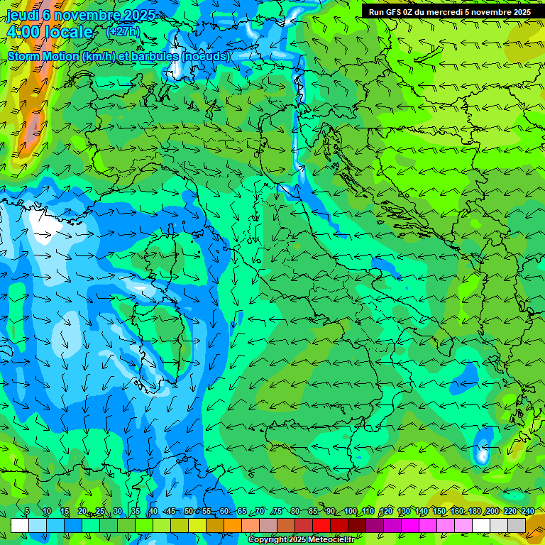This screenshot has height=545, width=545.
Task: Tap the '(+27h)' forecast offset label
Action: tap(123, 32)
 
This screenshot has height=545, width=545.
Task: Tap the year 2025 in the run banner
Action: tap(517, 12)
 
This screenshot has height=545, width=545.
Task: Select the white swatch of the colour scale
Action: tap(20, 525)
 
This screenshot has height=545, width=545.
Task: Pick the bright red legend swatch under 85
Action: tap(321, 525)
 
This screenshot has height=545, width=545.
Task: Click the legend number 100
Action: tap(351, 512)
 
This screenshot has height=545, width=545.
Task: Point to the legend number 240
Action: tap(527, 512)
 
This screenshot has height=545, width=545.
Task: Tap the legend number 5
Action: tap(27, 512)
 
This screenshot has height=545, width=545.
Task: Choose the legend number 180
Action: tap(474, 512)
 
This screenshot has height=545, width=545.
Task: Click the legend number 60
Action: tap(224, 512)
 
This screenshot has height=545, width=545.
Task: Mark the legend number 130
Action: tap(404, 512)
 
